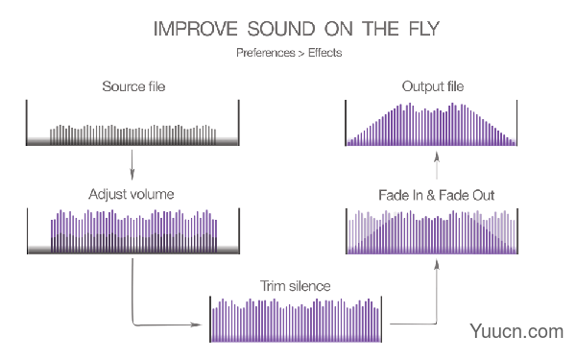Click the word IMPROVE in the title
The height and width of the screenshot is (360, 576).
(x=196, y=29)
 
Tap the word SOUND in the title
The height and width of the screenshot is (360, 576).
(x=281, y=29)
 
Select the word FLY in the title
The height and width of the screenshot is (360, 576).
(x=424, y=29)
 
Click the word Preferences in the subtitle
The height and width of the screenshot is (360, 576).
(x=266, y=53)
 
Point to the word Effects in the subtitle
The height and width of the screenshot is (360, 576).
(x=324, y=53)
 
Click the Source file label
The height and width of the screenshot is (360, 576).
(x=133, y=86)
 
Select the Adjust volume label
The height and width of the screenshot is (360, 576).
(x=132, y=194)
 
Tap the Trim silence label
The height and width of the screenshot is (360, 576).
(x=296, y=286)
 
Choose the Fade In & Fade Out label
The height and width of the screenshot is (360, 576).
(x=437, y=195)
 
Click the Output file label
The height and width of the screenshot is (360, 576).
(x=433, y=86)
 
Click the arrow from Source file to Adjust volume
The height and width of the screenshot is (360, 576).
(x=132, y=164)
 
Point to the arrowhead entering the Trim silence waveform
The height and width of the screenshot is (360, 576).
(x=196, y=324)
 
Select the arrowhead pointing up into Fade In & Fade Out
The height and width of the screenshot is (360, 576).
(x=437, y=265)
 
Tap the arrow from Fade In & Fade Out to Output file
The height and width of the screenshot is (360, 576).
(x=437, y=165)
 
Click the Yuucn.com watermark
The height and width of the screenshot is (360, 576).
(x=516, y=331)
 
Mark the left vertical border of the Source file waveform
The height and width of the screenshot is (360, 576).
(x=27, y=122)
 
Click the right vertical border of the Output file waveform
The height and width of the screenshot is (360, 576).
(x=516, y=123)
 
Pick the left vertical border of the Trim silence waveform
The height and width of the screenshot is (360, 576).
(x=210, y=319)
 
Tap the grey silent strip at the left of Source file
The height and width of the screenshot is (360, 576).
(x=39, y=141)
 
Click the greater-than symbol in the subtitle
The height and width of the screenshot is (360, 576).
(x=301, y=54)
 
